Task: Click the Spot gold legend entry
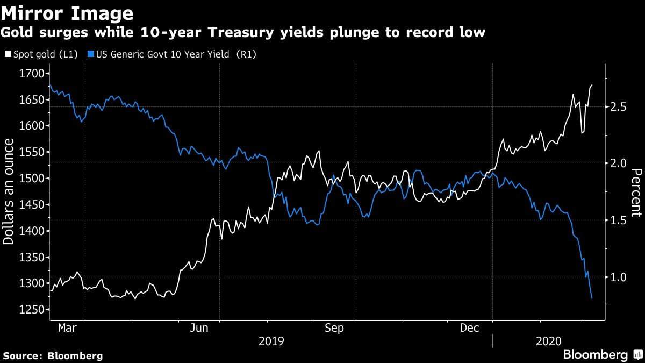pos(43,54)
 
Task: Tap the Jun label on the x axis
pos(199,328)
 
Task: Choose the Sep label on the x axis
pos(334,328)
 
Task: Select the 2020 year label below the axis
pos(549,341)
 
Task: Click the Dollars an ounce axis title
pos(9,191)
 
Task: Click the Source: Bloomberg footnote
pos(53,355)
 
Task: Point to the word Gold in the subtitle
pos(16,33)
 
